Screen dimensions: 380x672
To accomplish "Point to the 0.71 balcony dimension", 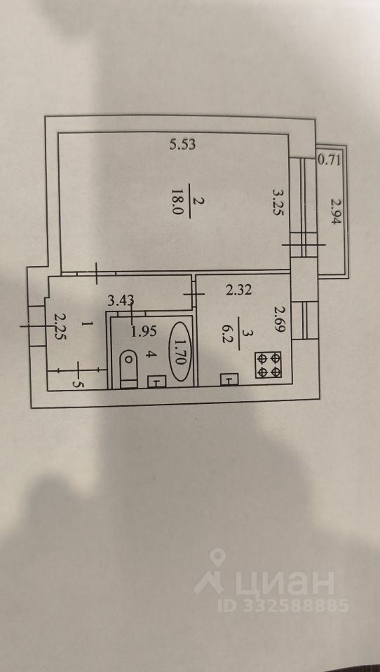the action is pos(330,161).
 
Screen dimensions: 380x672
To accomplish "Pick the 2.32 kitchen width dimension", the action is pos(239,290).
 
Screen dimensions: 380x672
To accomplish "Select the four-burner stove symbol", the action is pos(268,365).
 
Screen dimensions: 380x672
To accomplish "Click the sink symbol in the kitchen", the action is pos(229,379).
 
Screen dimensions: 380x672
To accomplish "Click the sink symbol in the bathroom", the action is pos(157,381).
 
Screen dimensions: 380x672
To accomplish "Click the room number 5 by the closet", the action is pos(78,384).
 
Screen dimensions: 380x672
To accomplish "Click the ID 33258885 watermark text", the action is pos(283,605).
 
